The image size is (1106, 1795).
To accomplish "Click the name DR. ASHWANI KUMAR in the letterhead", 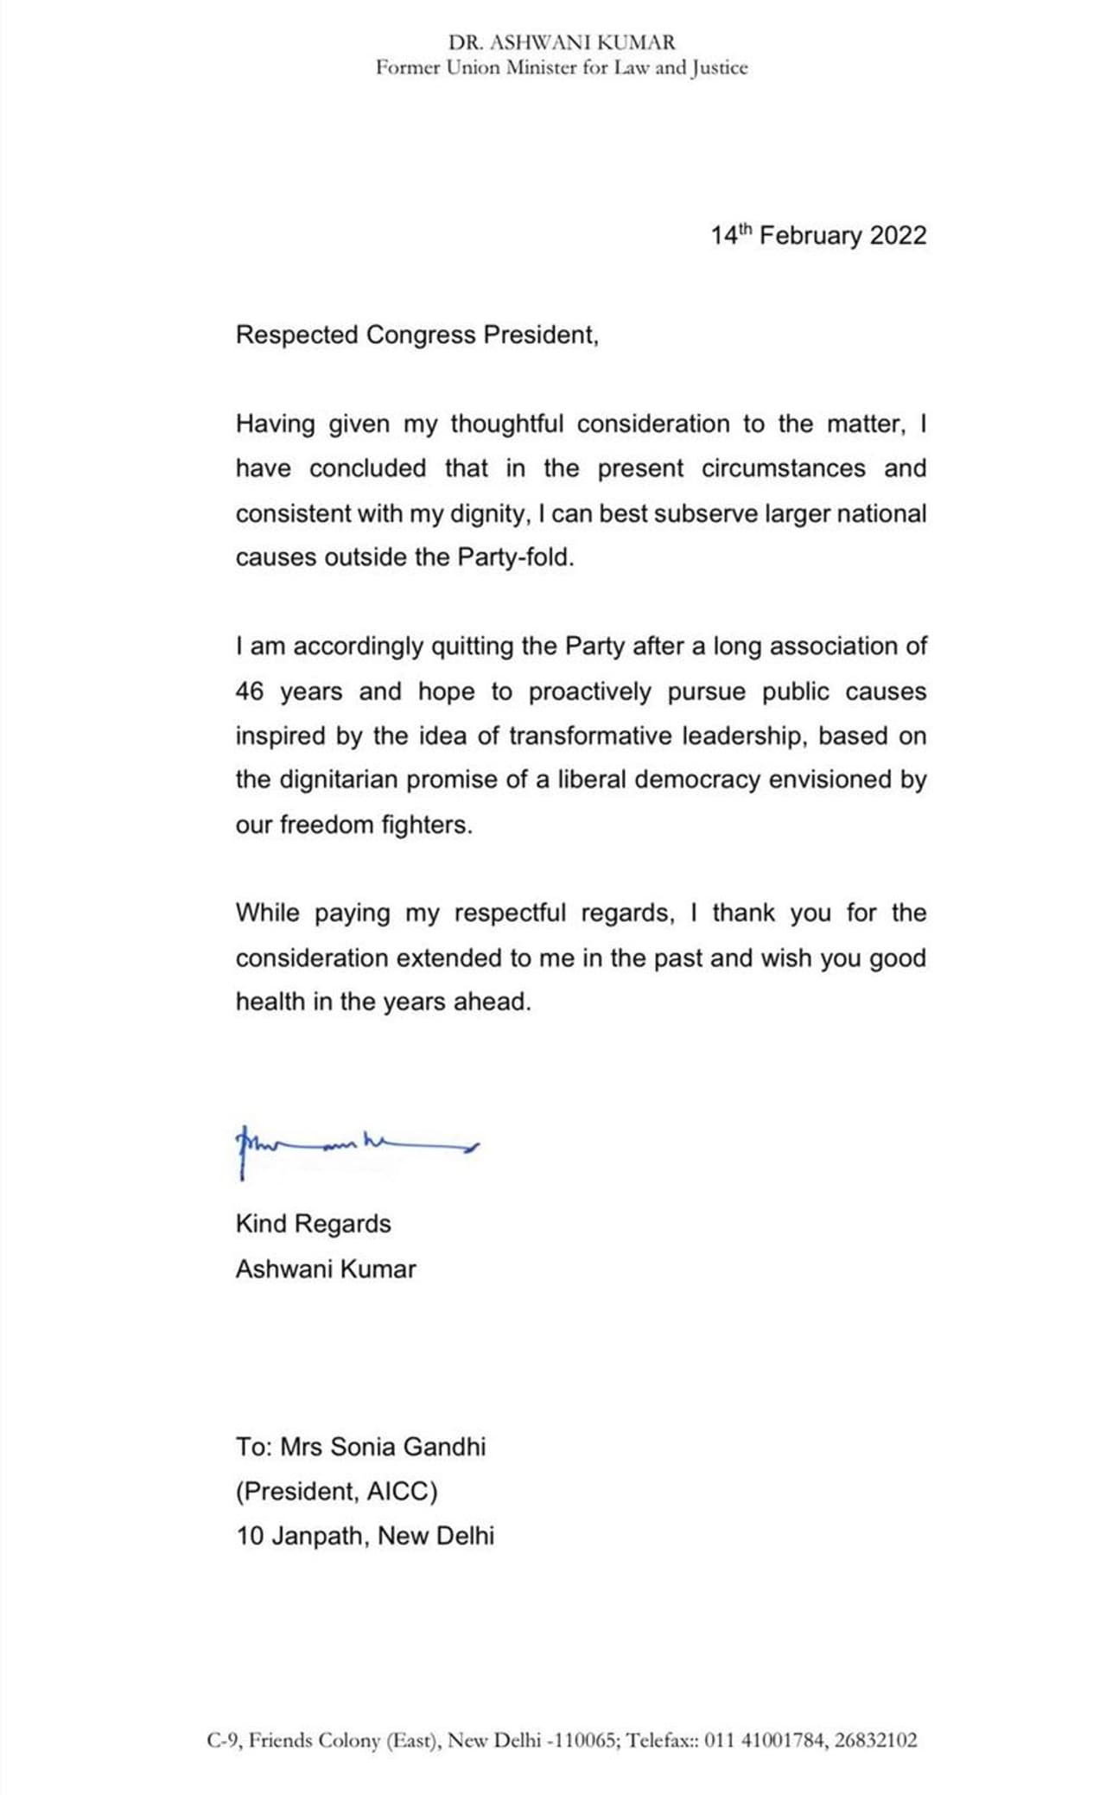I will [562, 41].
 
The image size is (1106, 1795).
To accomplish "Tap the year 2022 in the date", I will [898, 236].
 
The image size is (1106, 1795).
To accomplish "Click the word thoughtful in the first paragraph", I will [506, 424].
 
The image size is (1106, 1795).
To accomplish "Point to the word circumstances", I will [783, 468].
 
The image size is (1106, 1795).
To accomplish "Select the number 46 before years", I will [250, 692].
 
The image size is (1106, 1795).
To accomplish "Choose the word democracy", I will [697, 780].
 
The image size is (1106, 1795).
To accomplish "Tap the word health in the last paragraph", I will [270, 1003].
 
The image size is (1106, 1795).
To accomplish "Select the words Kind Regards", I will [313, 1224].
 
